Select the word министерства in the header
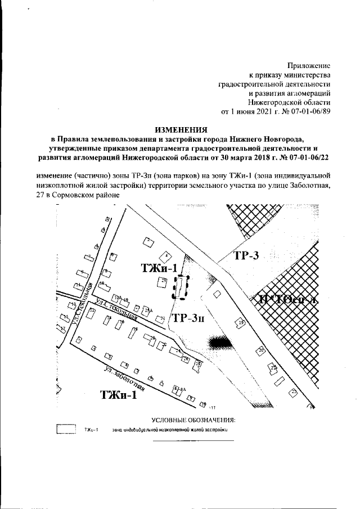click(306, 75)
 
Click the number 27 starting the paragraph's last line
click(39, 195)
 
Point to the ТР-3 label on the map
click(245, 256)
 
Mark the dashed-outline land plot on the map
click(181, 287)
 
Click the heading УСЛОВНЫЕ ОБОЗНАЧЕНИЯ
click(193, 420)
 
